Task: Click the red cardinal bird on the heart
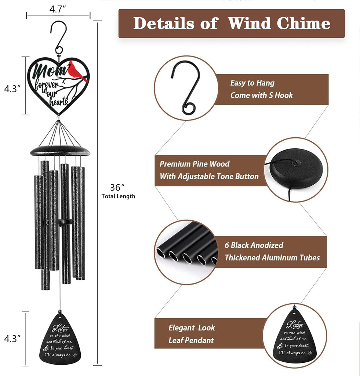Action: (x=76, y=72)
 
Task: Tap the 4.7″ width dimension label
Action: (x=58, y=9)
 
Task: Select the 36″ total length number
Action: (x=117, y=187)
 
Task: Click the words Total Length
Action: (x=118, y=196)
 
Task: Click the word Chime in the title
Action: (x=303, y=23)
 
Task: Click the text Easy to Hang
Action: (x=252, y=83)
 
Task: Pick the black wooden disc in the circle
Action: (x=296, y=169)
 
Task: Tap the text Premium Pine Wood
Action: (x=194, y=164)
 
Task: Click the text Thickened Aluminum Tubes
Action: (x=272, y=257)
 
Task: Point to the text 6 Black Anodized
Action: (x=254, y=245)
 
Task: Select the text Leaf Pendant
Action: (x=191, y=340)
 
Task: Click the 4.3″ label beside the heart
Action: (x=12, y=89)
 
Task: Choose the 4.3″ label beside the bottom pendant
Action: (x=12, y=339)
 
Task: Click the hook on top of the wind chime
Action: (x=59, y=38)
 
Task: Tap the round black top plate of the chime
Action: (x=60, y=151)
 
